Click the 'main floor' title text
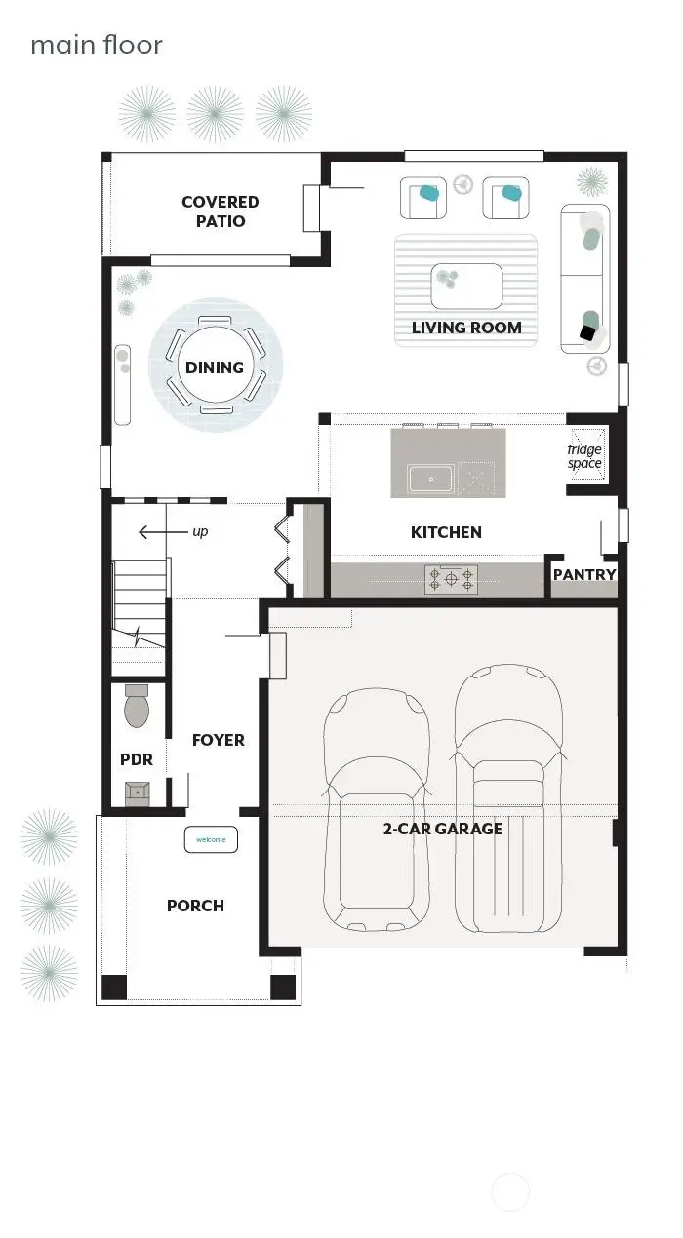coord(96,45)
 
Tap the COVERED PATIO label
coord(221,212)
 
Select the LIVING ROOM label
coord(466,328)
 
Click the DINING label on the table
coord(215,368)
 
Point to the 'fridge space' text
coord(584,456)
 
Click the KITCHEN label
coord(446,532)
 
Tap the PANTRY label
coord(584,575)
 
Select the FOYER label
coord(219,740)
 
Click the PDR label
coord(137,759)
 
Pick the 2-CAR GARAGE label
coord(443,829)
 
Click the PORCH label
coord(195,906)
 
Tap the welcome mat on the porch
coord(211,839)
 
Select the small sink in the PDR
coord(138,793)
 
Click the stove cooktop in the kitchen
coord(451,580)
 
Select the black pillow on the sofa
coord(587,333)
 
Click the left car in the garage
coord(377,809)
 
